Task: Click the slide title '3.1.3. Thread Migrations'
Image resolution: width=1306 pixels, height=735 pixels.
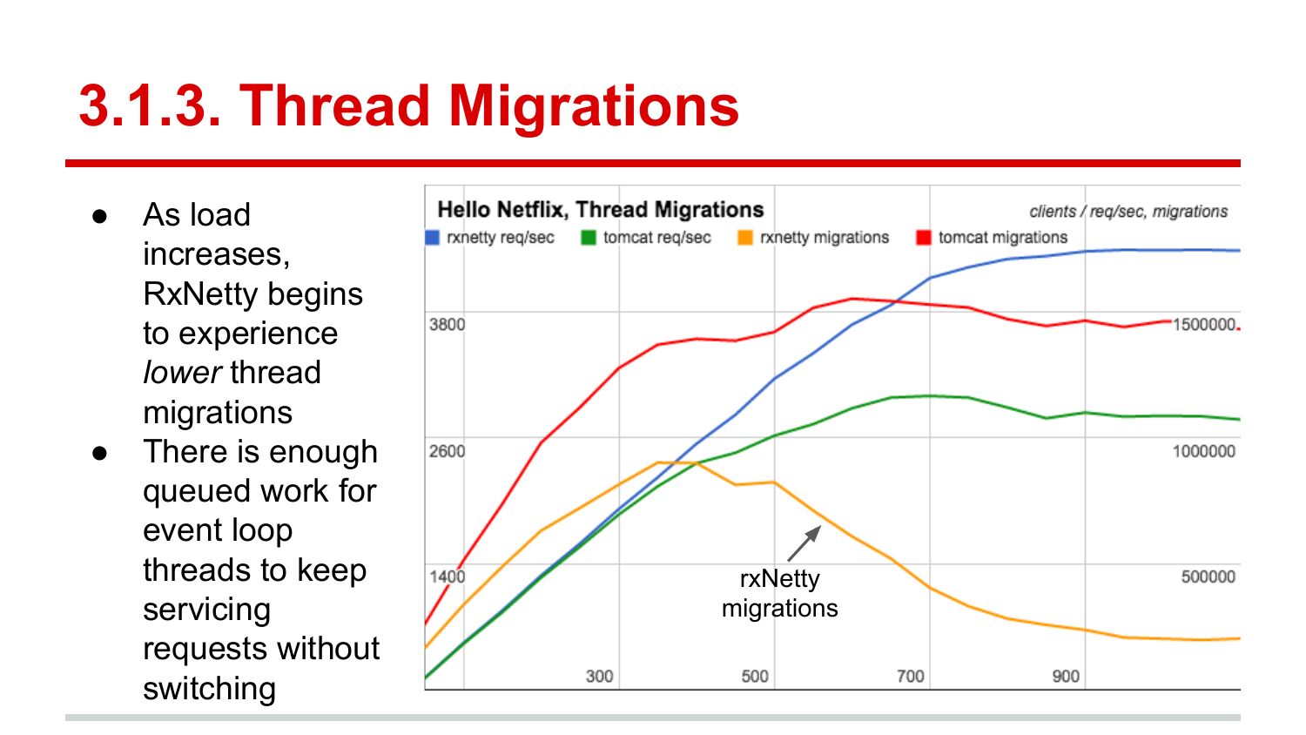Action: pos(408,106)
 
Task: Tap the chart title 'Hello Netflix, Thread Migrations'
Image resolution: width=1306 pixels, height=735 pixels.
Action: pos(600,210)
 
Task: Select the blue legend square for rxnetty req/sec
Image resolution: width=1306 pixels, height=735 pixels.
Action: pos(432,238)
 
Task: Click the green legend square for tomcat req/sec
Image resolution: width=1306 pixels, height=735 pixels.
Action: pos(589,238)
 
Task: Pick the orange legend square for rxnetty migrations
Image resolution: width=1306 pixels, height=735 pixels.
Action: pos(745,238)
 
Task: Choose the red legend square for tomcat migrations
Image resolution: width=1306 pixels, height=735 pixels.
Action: pos(924,238)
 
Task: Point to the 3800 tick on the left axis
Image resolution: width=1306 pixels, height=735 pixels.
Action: pos(447,325)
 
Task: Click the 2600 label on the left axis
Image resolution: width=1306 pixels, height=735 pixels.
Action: pos(447,451)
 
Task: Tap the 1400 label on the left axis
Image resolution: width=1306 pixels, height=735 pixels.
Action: pos(447,577)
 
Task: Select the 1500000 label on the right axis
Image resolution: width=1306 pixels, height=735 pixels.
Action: pos(1203,325)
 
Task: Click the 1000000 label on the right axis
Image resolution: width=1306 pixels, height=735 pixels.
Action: pos(1203,451)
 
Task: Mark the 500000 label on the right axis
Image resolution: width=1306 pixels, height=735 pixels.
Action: pos(1208,577)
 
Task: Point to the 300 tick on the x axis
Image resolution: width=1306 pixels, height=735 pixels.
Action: pos(599,676)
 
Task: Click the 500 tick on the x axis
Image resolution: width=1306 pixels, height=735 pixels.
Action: pos(755,676)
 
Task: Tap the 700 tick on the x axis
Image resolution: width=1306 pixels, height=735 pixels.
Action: pos(910,676)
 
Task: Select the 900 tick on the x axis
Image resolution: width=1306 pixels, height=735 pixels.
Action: pos(1065,676)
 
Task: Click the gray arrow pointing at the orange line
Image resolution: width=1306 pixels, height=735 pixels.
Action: pos(804,543)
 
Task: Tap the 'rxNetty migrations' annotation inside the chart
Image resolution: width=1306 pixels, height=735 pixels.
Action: pos(779,593)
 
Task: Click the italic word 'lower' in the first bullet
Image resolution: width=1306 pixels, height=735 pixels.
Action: pos(182,373)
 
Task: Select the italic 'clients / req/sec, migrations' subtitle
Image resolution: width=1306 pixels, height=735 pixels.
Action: pos(1128,212)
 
